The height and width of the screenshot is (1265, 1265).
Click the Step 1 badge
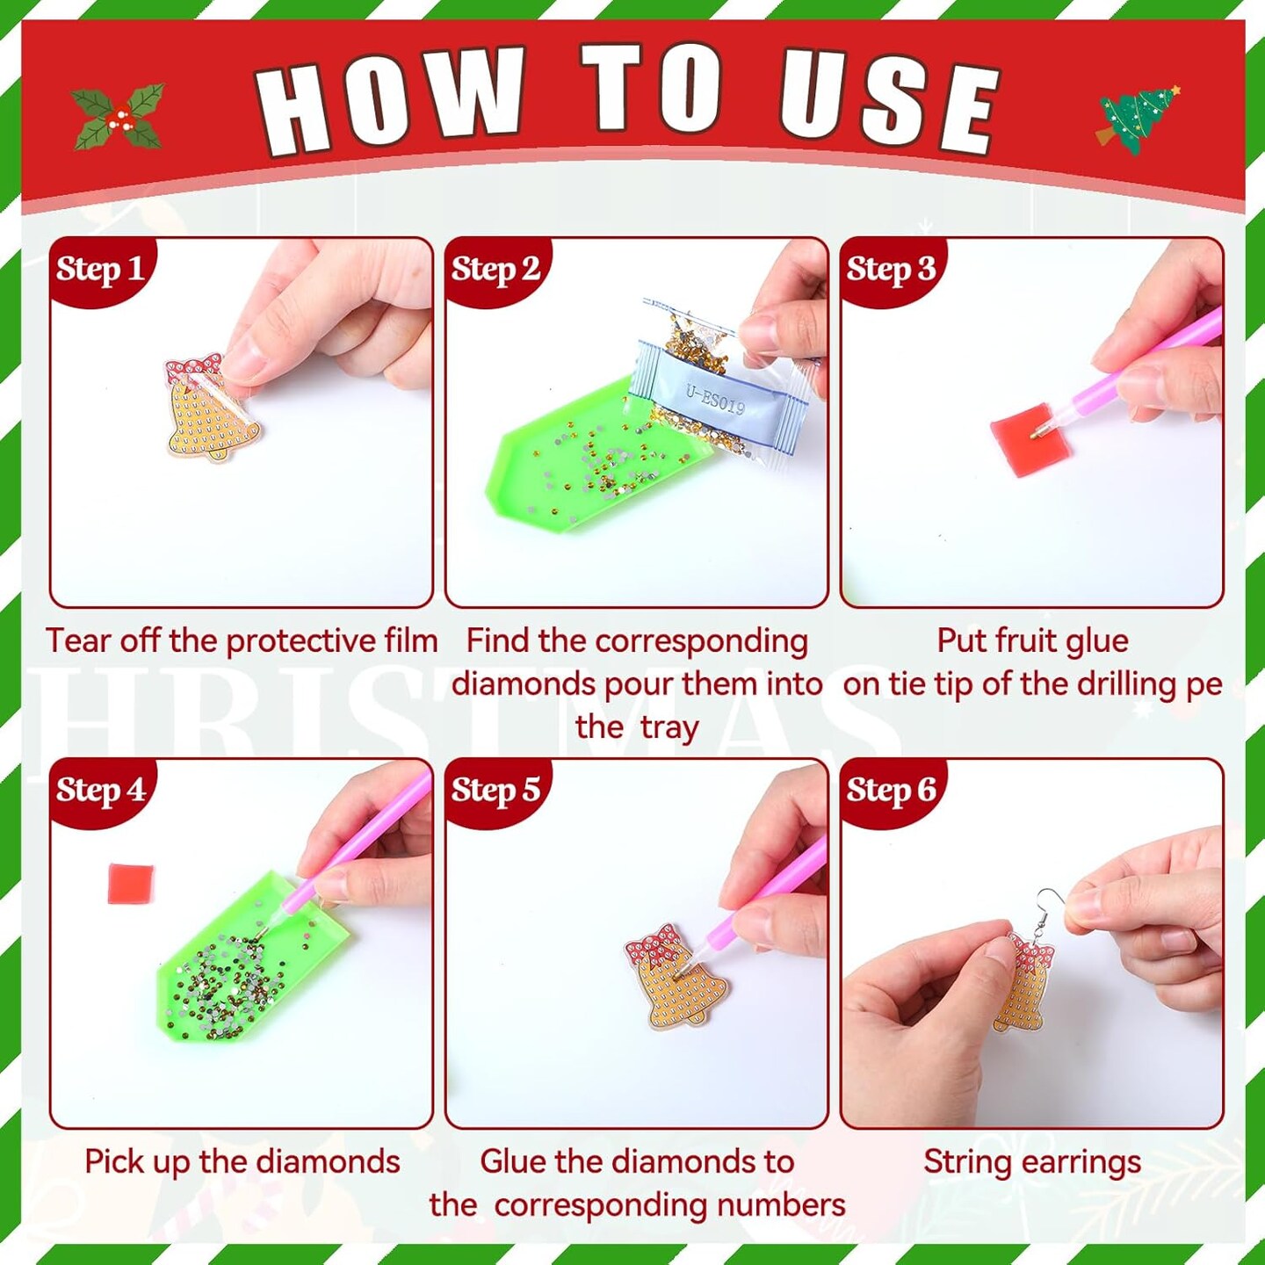tap(98, 269)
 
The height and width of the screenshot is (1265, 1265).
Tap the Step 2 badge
tap(495, 269)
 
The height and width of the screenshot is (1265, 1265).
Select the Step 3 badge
tap(890, 269)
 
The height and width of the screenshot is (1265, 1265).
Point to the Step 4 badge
tap(99, 790)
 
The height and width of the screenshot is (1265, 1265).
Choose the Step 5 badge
tap(495, 790)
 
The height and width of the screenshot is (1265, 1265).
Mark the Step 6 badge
tap(890, 790)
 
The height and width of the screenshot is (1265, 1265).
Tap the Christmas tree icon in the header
tap(1137, 119)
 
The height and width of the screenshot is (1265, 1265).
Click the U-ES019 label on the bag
tap(715, 400)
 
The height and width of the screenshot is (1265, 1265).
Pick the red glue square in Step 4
tap(130, 883)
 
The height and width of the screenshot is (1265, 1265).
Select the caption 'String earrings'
tap(1031, 1161)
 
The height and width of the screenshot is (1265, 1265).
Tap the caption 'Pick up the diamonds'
tap(242, 1161)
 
